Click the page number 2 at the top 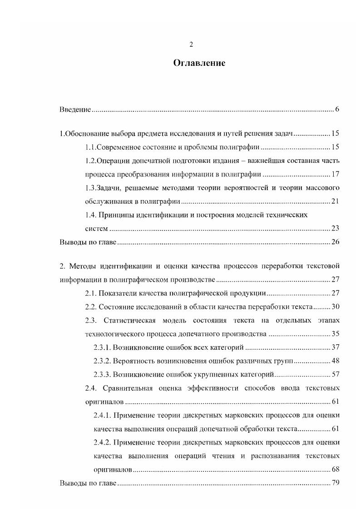tap(191, 44)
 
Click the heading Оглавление tap(199, 63)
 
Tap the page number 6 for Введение tap(337, 110)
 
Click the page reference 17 tap(335, 174)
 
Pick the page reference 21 tap(335, 201)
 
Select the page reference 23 tap(335, 228)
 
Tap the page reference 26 tap(335, 242)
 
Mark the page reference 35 tap(335, 334)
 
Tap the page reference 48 tap(335, 361)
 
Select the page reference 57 tap(335, 375)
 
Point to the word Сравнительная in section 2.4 tap(127, 388)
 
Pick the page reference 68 tap(335, 470)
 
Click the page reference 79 tap(335, 483)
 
